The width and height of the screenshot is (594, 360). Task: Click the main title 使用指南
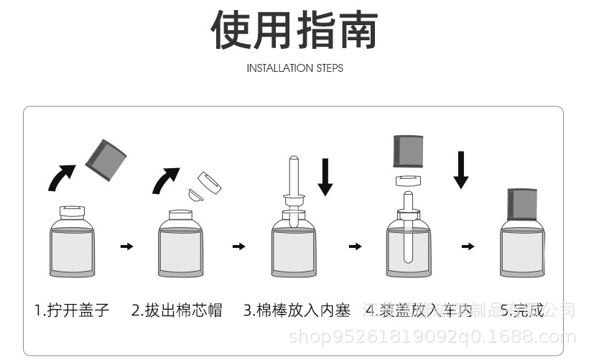(294, 30)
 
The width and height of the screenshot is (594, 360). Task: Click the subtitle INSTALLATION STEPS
(294, 68)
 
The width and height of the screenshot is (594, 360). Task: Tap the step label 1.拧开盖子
(72, 310)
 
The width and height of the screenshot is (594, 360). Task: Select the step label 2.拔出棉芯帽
(177, 310)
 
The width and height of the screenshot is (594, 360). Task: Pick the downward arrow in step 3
(325, 177)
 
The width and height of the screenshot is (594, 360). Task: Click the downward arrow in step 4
(461, 169)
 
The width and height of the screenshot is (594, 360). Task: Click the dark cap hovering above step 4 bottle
(408, 152)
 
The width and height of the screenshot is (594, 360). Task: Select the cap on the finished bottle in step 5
(522, 204)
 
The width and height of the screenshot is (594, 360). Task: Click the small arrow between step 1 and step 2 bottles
(126, 246)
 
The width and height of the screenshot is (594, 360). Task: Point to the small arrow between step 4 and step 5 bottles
(468, 246)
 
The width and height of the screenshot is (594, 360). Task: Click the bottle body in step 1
(72, 248)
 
